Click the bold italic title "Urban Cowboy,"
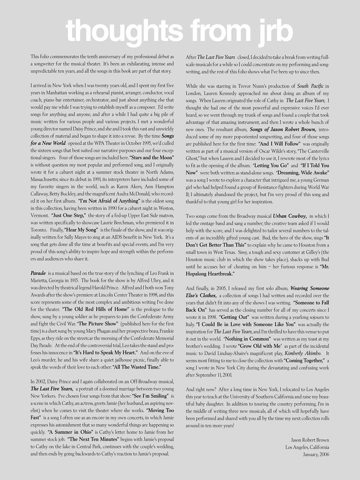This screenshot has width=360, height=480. (290, 216)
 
